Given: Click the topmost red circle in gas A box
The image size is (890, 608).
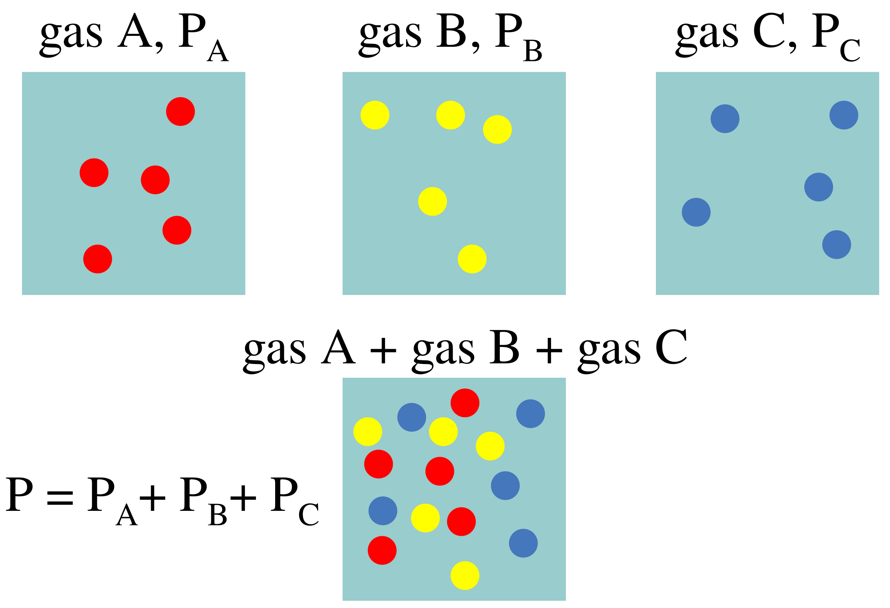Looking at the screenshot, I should click(x=180, y=111).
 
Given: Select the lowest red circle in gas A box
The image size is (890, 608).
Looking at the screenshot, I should click(x=98, y=259).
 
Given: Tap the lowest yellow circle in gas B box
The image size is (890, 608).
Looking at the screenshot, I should click(x=472, y=259).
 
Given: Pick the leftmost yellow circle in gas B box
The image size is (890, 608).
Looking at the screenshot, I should click(x=375, y=115).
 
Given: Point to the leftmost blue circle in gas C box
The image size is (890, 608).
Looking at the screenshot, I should click(x=696, y=212).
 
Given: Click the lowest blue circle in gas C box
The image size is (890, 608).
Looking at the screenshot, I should click(x=837, y=245).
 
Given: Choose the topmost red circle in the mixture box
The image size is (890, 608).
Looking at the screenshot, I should click(x=465, y=403).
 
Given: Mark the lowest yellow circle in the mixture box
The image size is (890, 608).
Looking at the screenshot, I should click(x=465, y=576).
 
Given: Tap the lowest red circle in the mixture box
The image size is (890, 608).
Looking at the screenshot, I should click(x=382, y=551).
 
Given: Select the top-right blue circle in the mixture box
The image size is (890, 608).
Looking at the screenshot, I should click(x=530, y=414).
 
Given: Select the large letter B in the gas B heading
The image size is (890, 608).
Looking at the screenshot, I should click(x=452, y=30).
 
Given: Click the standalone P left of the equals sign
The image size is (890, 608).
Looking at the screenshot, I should click(x=19, y=494).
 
